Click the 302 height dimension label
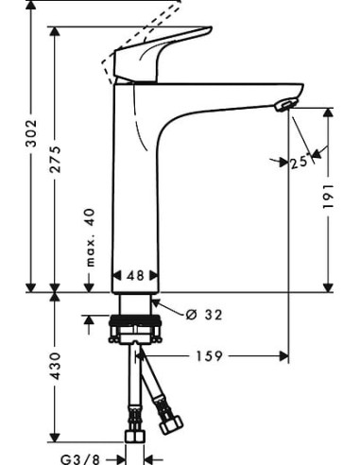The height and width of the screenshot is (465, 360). coord(31,133)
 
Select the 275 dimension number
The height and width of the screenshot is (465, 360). coord(56,159)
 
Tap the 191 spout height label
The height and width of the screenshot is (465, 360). coord(328,196)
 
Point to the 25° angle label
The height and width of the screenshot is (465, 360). coord(299,163)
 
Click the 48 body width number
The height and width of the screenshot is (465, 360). coord(135,276)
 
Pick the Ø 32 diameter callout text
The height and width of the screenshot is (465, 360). coord(204,315)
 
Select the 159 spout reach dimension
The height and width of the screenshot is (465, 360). coord(210,356)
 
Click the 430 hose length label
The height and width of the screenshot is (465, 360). coord(56,366)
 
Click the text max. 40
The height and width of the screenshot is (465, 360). coord(91,237)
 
